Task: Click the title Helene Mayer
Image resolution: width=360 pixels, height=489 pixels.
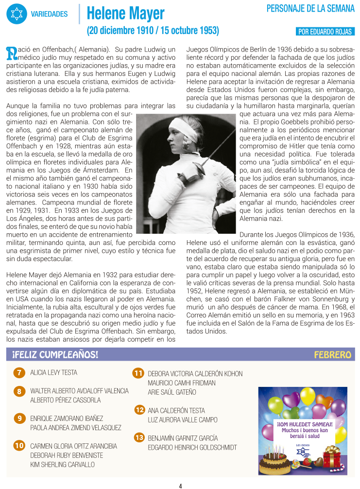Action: [125, 13]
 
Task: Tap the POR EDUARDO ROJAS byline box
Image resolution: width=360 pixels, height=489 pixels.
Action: [325, 32]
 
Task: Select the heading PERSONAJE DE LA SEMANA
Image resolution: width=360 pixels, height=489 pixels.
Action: [310, 8]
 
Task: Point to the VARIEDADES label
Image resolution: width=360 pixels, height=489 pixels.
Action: [49, 14]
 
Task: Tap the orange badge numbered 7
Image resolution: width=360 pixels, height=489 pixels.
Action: [19, 373]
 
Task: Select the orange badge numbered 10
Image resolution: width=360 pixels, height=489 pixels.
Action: [19, 445]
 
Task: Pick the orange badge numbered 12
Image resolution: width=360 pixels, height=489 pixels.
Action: [139, 410]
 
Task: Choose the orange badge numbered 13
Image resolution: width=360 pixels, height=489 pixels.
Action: [139, 437]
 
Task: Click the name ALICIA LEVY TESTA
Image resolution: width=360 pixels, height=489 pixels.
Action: [53, 373]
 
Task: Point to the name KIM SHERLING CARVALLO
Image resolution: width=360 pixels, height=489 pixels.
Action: [62, 464]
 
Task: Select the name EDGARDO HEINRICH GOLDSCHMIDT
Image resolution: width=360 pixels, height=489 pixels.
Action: [192, 447]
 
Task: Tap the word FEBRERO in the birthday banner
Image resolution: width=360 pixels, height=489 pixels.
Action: [332, 354]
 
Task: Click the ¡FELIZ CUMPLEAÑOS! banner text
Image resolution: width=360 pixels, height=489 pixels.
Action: [55, 354]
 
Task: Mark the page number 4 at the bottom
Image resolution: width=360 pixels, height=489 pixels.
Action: [180, 485]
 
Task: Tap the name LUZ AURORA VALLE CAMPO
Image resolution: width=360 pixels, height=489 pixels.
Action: [183, 419]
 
